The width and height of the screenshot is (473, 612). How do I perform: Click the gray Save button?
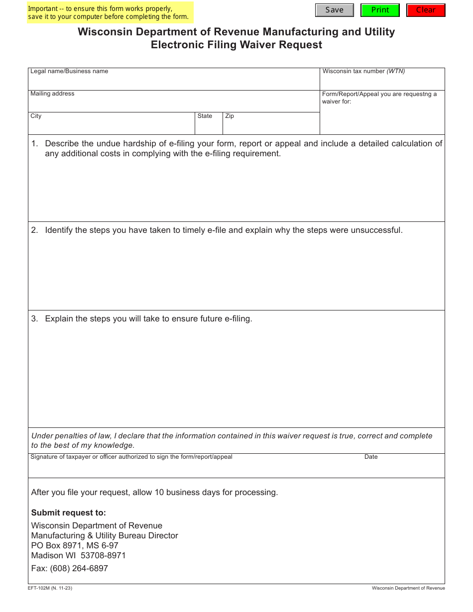[334, 10]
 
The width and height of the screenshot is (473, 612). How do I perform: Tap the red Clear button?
[426, 10]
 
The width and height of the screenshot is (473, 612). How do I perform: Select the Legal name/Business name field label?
[69, 71]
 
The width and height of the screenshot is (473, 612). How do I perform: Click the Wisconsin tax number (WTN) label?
[363, 71]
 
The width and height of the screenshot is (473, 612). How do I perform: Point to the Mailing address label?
[52, 94]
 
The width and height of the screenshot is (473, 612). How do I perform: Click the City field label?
[36, 116]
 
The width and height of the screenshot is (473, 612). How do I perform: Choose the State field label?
[205, 116]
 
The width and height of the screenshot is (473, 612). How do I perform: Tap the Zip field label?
[230, 116]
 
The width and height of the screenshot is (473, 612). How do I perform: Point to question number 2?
[34, 230]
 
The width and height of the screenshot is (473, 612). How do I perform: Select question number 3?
[34, 318]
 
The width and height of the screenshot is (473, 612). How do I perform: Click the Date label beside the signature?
[371, 457]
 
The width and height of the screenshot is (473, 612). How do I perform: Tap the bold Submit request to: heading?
[69, 512]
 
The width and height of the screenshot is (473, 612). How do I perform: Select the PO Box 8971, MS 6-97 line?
[75, 545]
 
